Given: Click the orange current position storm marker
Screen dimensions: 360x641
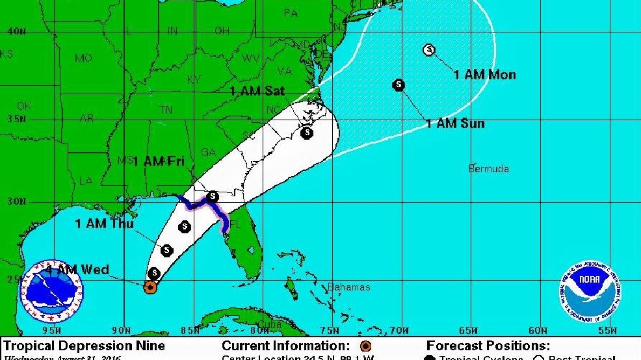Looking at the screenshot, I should pos(150,287).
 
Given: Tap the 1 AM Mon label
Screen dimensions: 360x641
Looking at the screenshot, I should pos(484,75).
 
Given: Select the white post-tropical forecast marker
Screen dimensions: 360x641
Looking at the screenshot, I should pos(428,49).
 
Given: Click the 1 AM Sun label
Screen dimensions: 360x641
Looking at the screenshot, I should pos(455,123).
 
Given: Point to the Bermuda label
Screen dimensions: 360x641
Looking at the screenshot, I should pos(489,169).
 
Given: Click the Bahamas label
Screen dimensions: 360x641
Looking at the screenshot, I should pos(348,287).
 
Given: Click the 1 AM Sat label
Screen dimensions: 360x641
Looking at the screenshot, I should pos(257,92).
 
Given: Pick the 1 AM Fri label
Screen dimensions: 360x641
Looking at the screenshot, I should pos(158,161).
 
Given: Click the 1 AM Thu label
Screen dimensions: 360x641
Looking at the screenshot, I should pos(104,224).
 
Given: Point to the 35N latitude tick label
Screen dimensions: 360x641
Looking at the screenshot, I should pos(18,120).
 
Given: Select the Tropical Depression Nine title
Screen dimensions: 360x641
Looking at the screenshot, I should pos(85,346).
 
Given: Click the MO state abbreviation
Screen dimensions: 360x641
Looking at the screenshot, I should pos(83,58).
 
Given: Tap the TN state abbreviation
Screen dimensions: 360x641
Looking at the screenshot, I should pos(166,110).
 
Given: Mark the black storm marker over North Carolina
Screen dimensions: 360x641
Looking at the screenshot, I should pos(307,133).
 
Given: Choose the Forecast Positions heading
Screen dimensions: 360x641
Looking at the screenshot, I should pos(488,346).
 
